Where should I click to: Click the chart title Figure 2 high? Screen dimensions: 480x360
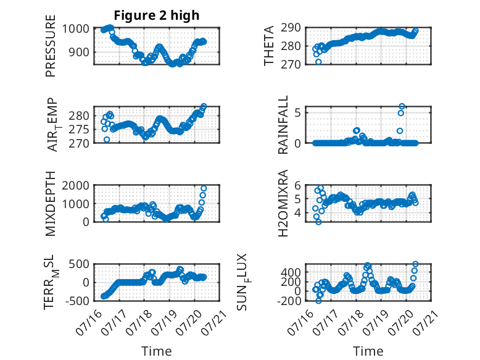[157, 15]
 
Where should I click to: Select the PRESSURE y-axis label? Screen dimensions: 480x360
[51, 46]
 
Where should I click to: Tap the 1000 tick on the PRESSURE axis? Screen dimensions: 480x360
[76, 29]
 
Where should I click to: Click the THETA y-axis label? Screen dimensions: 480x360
[268, 46]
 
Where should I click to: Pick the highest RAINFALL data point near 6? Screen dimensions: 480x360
[402, 107]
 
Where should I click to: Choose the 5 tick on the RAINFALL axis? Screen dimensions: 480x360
[298, 113]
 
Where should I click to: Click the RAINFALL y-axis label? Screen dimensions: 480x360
[283, 124]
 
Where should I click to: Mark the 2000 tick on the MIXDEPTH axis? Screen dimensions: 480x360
[76, 185]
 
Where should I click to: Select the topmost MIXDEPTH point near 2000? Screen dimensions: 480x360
[204, 188]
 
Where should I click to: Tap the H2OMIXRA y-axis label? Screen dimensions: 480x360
[283, 203]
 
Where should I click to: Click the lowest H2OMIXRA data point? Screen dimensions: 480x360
[319, 222]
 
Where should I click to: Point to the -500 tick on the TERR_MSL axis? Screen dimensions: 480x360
[78, 301]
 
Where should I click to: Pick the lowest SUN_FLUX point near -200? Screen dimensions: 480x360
[319, 301]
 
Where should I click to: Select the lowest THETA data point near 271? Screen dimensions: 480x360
[318, 62]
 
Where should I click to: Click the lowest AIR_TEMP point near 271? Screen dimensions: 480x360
[107, 140]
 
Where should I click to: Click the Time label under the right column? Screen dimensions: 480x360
[368, 351]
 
